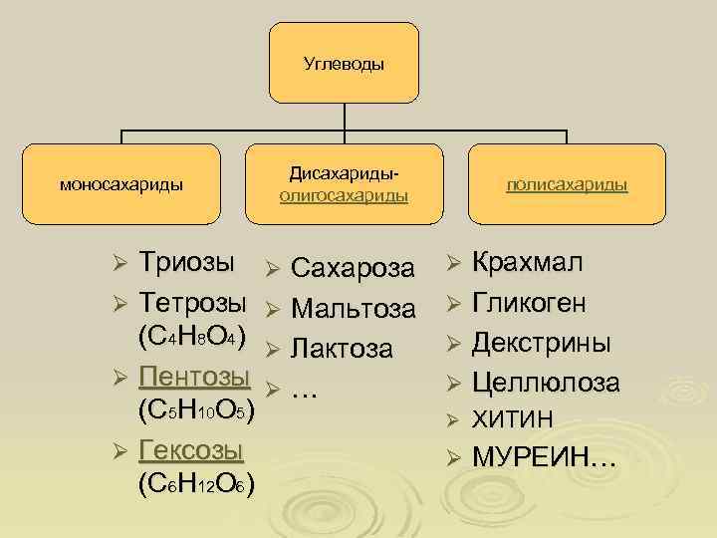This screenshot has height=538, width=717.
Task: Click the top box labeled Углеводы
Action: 344,64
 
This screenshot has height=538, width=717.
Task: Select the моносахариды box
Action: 121,184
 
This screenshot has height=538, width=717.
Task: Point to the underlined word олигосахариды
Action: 344,195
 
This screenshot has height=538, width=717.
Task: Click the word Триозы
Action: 187,264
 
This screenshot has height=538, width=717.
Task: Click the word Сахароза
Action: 354,268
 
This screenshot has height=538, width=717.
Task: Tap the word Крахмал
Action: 528,264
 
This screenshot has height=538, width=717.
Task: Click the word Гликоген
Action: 529,303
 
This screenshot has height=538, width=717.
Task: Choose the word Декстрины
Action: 542,343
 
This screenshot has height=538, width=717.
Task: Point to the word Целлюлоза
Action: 547,383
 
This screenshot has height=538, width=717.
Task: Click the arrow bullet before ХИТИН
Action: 451,419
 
